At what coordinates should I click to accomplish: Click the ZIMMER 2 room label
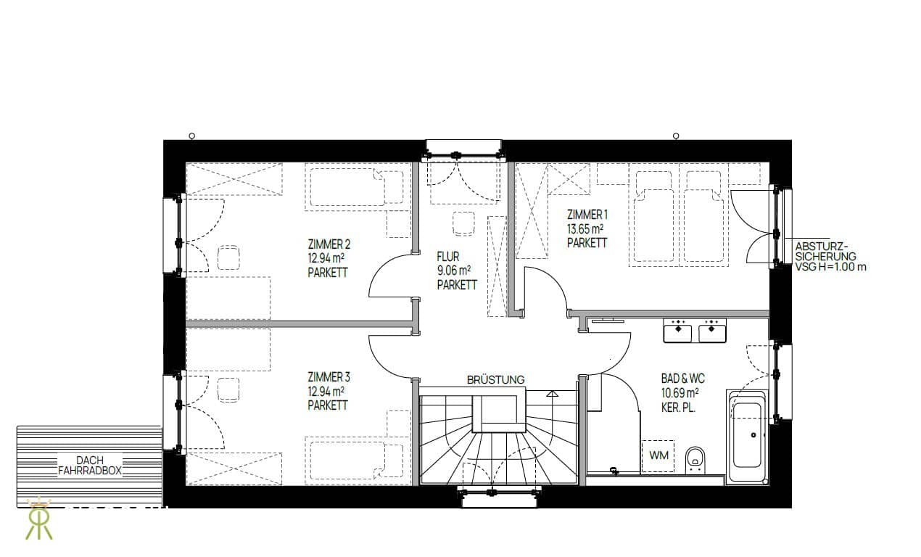click(329, 244)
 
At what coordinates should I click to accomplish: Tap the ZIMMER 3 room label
click(329, 377)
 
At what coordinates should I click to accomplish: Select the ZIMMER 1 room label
click(587, 215)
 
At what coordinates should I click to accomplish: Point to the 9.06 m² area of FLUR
click(453, 271)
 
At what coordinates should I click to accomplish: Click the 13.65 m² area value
click(585, 228)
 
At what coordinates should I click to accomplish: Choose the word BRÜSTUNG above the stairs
click(495, 380)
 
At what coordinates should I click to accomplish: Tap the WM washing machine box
click(658, 456)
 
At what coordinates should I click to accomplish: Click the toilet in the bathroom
click(695, 461)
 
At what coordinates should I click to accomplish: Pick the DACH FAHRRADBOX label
click(90, 466)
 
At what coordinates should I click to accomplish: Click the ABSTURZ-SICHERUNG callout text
click(830, 257)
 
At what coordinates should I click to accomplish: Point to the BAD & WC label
click(683, 379)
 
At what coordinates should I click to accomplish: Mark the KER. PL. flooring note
click(678, 408)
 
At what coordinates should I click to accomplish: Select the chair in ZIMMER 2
click(228, 257)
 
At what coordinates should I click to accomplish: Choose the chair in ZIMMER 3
click(228, 389)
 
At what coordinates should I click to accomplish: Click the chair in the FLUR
click(464, 223)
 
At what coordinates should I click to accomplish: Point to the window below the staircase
click(499, 497)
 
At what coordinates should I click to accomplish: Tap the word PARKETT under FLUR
click(457, 285)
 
